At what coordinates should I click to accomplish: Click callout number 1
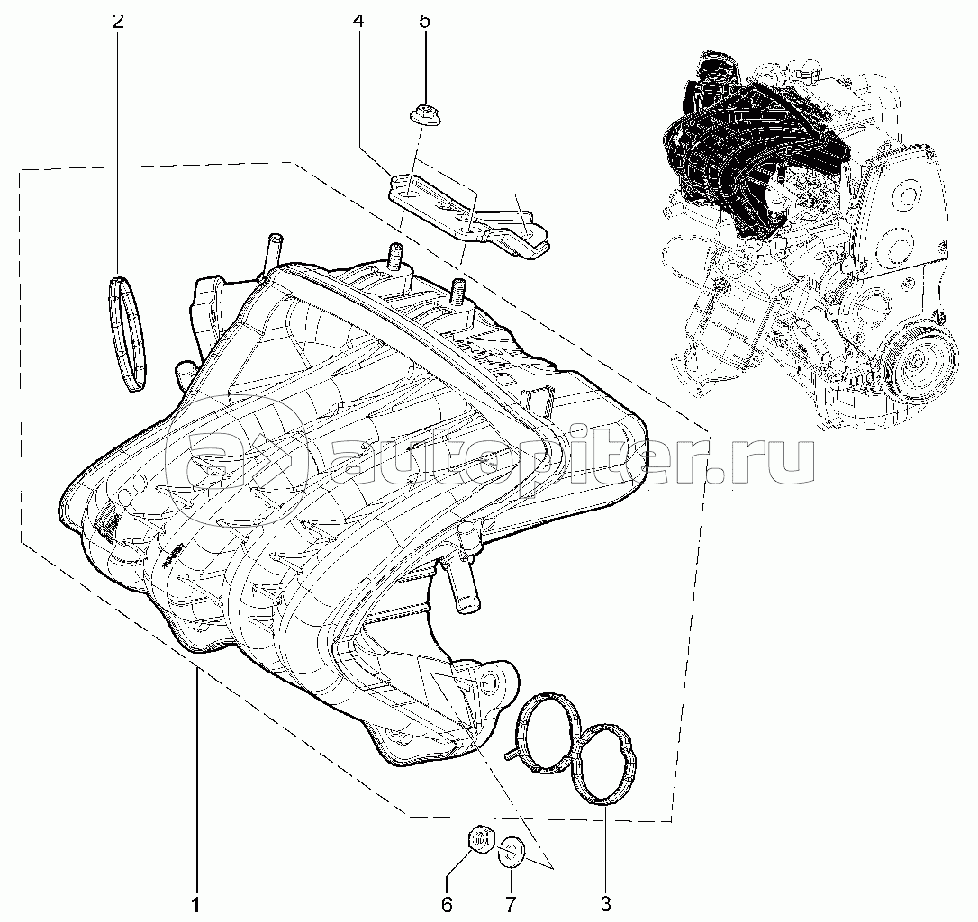point(195,903)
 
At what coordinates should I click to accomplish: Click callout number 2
point(117,22)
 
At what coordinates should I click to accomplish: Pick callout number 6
point(447,903)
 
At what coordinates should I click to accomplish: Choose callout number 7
point(510,903)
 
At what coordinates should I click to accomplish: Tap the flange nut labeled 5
point(420,114)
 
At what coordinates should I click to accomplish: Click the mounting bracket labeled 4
point(468,214)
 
